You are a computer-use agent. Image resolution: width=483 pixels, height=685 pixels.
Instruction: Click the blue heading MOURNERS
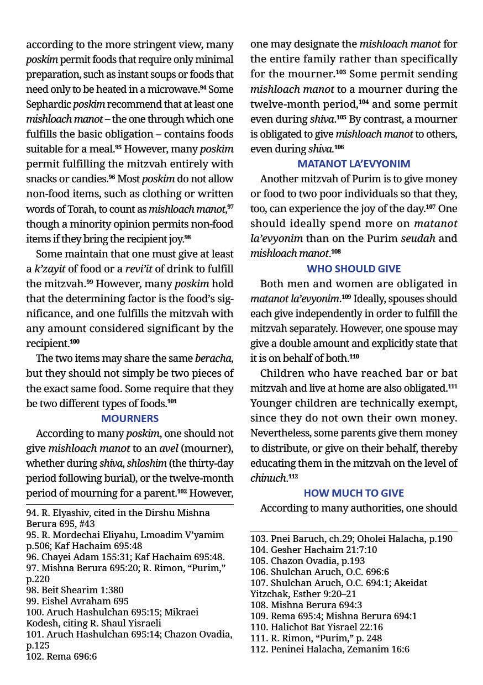click(130, 418)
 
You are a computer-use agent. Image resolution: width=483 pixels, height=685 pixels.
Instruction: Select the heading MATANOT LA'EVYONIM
click(354, 164)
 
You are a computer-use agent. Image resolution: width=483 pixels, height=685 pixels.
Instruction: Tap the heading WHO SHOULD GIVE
click(354, 268)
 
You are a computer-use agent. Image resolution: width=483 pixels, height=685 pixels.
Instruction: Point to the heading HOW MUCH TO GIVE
click(354, 493)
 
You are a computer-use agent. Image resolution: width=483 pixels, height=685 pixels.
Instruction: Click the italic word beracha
click(213, 358)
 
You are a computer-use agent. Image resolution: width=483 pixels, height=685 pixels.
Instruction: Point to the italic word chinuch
click(268, 478)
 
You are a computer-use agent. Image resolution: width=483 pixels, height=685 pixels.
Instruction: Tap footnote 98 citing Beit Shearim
click(75, 590)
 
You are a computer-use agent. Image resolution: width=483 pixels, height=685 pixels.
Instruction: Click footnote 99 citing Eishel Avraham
click(77, 601)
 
